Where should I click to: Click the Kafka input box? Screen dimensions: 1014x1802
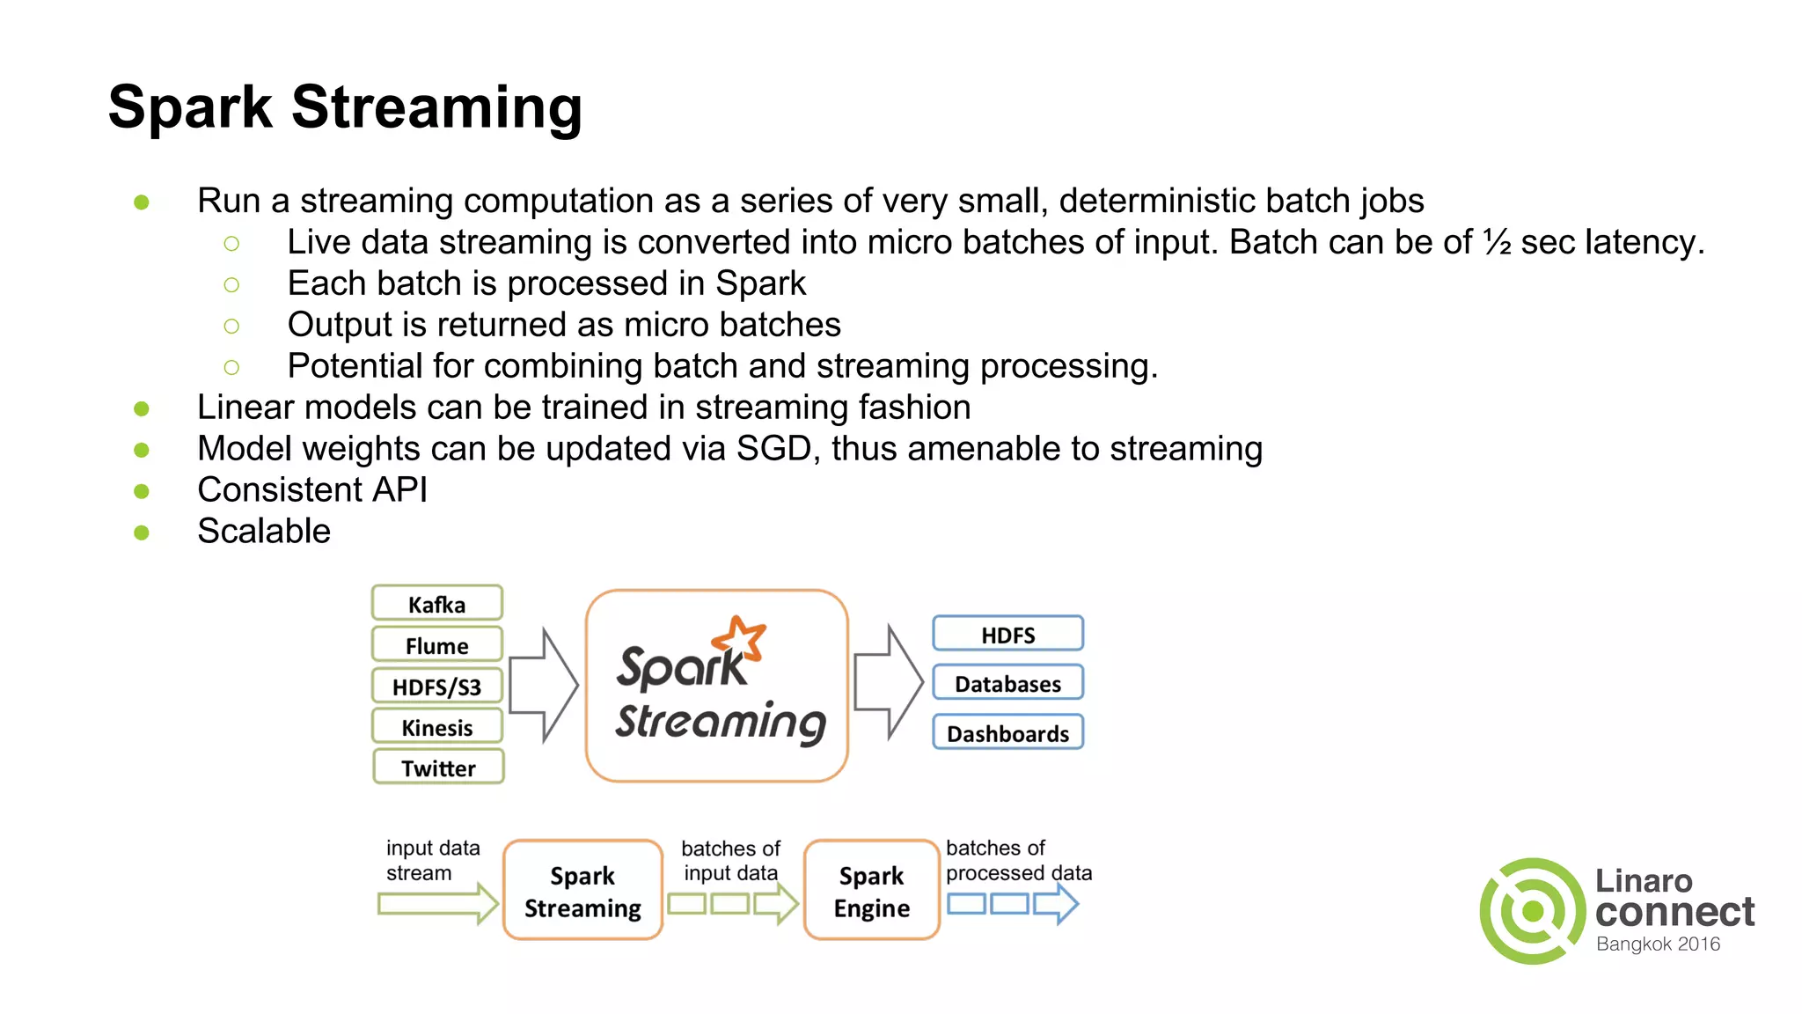[x=436, y=604]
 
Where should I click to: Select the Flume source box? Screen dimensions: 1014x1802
[x=436, y=645]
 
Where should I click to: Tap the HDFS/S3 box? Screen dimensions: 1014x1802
[x=436, y=687]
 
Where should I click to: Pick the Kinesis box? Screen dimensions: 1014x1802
[x=436, y=727]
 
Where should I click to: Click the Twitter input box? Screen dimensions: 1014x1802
[x=438, y=768]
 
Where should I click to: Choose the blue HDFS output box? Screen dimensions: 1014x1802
[x=1007, y=635]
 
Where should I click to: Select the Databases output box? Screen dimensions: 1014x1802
[x=1007, y=684]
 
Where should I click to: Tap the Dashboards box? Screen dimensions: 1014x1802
[x=1007, y=733]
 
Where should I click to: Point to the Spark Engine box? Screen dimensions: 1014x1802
[x=871, y=891]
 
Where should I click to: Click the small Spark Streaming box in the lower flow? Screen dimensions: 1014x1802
[x=582, y=891]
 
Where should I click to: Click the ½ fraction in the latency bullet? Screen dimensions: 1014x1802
[x=1497, y=242]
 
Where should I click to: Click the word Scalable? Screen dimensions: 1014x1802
[x=264, y=532]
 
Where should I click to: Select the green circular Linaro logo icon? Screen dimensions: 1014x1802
[x=1532, y=911]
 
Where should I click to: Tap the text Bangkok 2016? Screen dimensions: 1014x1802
[x=1658, y=944]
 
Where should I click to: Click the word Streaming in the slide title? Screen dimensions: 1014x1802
[x=436, y=107]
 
